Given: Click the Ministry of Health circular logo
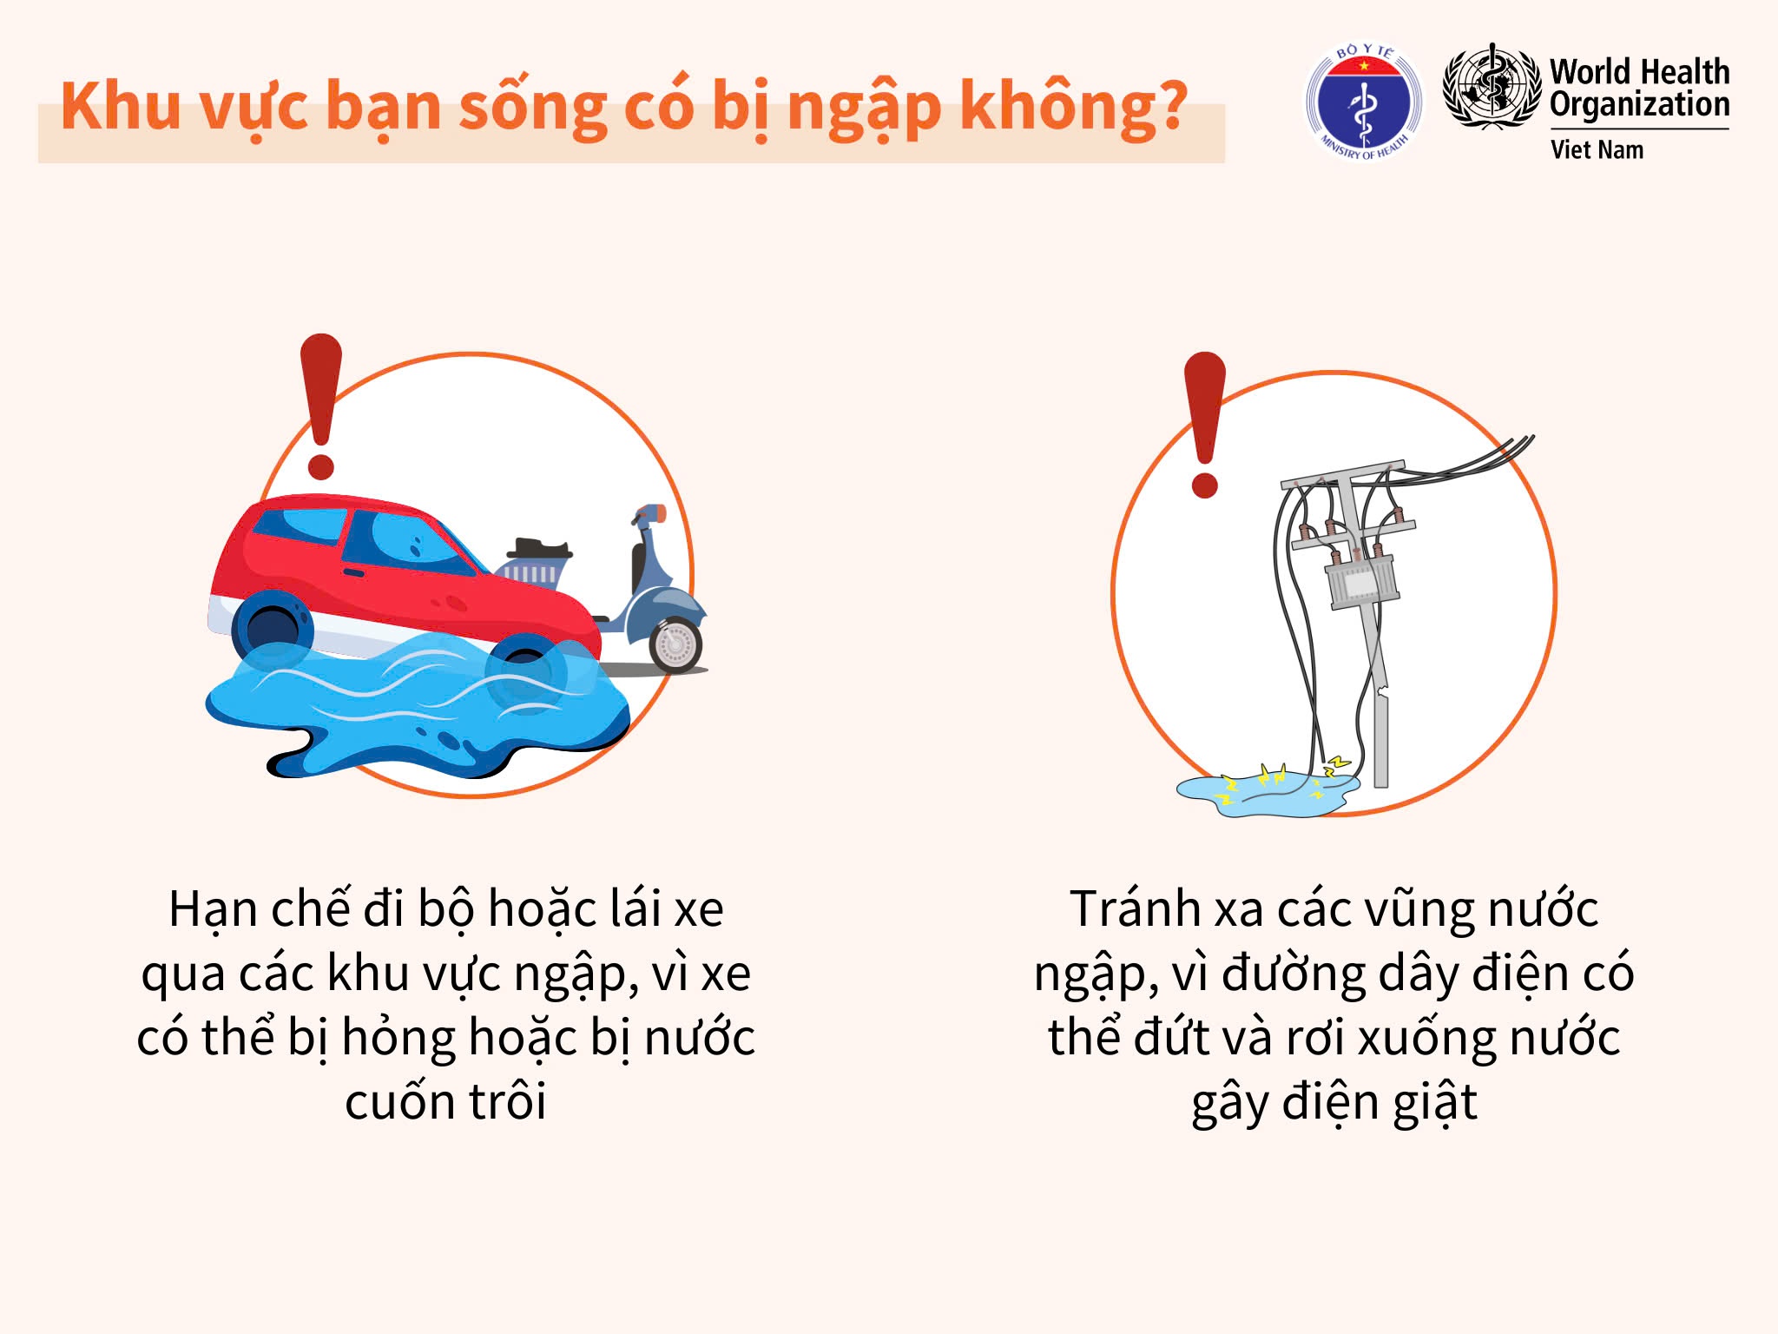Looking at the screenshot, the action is (x=1365, y=103).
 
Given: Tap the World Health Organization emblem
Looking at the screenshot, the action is (x=1492, y=87).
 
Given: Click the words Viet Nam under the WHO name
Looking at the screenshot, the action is (x=1597, y=149).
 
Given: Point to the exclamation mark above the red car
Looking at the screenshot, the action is (x=321, y=406).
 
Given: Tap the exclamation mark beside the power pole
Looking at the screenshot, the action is (x=1205, y=425).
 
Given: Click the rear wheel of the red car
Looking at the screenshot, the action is (x=272, y=628).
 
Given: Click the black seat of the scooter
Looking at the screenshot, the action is (x=539, y=550).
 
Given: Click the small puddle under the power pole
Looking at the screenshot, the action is (x=1268, y=794).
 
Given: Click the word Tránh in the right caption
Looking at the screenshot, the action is (x=1135, y=908).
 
